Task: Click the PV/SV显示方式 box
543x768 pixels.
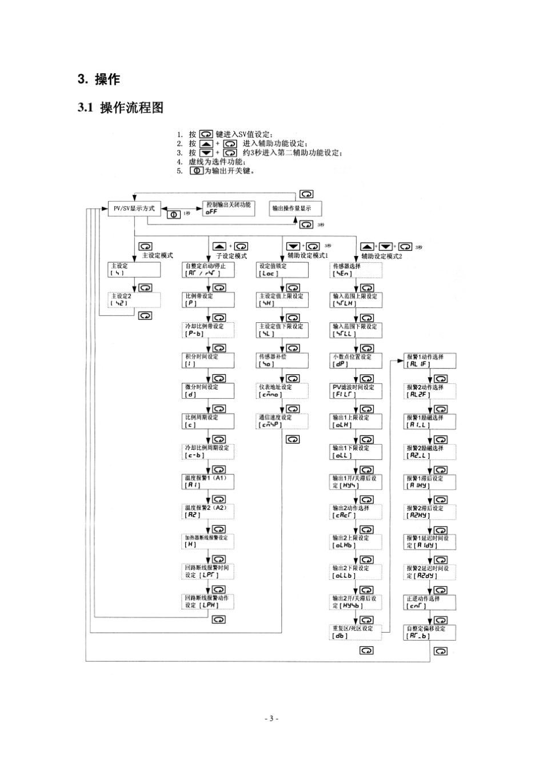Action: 134,209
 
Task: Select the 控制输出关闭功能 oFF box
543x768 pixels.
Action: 229,209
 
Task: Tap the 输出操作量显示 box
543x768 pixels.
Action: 295,209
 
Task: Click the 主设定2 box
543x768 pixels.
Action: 134,300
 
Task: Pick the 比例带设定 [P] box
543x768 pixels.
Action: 209,300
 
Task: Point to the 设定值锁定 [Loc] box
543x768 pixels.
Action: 282,270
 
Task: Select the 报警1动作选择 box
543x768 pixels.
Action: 430,361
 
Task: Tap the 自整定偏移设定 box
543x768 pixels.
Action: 430,633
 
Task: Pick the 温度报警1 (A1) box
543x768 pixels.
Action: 209,482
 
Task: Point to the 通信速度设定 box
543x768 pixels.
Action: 282,421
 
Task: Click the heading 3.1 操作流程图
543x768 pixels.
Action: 121,107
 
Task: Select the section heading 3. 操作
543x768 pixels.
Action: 99,79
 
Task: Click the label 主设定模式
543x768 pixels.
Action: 157,255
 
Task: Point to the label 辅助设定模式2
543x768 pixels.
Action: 382,256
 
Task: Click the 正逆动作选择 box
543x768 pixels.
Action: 430,602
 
